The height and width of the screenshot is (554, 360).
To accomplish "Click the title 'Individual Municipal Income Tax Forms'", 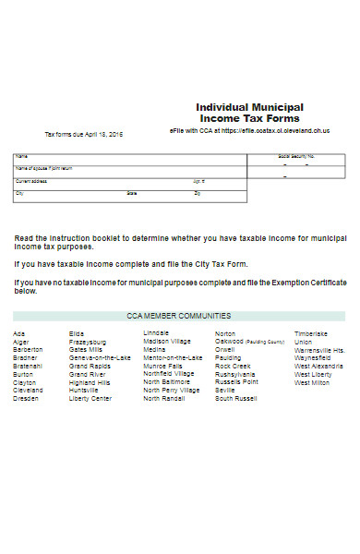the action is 249,114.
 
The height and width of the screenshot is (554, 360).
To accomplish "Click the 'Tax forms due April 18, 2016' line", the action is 84,135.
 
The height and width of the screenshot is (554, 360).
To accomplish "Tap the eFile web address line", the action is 250,131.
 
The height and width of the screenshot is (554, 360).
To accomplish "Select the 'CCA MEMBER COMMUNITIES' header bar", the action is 179,316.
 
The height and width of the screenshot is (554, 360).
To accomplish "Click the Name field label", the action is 22,157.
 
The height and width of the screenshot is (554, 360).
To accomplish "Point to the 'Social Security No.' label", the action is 296,157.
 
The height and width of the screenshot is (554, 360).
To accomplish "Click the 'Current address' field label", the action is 31,181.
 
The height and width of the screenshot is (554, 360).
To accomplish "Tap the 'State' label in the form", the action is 132,194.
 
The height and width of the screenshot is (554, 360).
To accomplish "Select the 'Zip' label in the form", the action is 197,194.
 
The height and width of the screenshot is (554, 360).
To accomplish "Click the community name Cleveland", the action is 28,390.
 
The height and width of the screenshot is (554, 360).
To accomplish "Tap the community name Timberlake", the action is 311,333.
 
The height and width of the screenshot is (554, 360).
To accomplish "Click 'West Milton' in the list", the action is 312,382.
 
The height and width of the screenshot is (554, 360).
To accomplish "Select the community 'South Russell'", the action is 236,398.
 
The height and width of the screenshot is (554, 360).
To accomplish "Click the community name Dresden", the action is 27,398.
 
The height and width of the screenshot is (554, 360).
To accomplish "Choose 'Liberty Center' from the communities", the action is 90,398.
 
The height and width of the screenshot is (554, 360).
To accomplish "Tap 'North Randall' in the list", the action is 164,398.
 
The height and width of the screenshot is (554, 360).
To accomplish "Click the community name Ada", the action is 18,333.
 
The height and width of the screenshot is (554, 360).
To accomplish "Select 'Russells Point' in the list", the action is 237,381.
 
